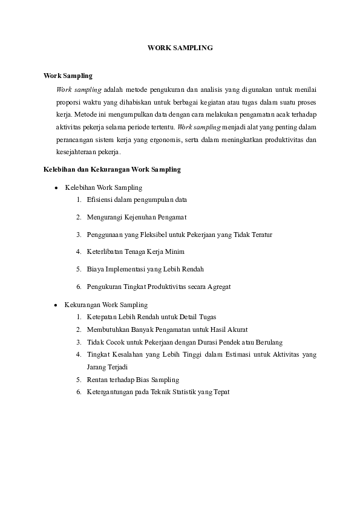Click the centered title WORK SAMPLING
180,47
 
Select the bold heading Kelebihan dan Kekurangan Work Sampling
113,170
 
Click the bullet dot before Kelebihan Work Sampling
56,188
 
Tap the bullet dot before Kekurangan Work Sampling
56,305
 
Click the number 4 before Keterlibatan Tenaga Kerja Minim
79,251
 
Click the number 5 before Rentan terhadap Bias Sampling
79,380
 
